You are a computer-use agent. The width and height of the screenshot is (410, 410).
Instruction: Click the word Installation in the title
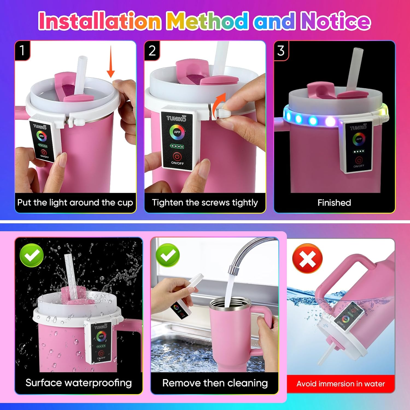point(99,21)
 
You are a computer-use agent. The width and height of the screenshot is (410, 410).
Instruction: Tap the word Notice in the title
point(335,21)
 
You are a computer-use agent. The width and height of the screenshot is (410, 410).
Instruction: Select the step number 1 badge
point(22,50)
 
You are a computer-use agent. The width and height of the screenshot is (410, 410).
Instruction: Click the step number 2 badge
point(152,51)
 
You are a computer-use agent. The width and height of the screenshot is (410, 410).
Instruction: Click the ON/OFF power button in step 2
point(177,157)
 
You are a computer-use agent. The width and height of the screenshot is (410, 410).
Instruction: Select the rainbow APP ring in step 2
point(177,132)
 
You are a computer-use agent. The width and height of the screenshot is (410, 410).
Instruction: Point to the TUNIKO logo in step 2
point(176,118)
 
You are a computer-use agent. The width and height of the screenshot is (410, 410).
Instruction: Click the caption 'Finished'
point(334,203)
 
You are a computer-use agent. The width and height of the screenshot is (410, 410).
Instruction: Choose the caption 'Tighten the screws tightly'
point(205,203)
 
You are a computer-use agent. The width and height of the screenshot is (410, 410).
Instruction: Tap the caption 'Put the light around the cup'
point(75,203)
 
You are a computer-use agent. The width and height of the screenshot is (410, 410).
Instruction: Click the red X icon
point(307,258)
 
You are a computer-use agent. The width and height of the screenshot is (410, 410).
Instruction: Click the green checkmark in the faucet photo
point(168,255)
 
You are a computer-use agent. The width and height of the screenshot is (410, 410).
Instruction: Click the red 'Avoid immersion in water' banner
point(341,384)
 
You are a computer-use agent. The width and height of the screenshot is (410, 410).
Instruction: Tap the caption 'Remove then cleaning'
point(215,383)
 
